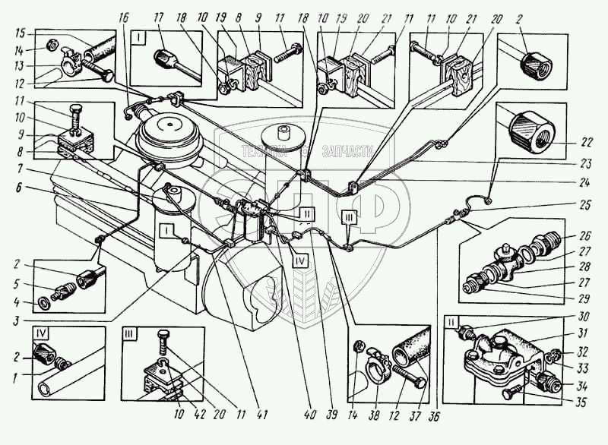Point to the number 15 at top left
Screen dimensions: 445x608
(x=21, y=33)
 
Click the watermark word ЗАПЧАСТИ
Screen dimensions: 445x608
(x=343, y=153)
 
